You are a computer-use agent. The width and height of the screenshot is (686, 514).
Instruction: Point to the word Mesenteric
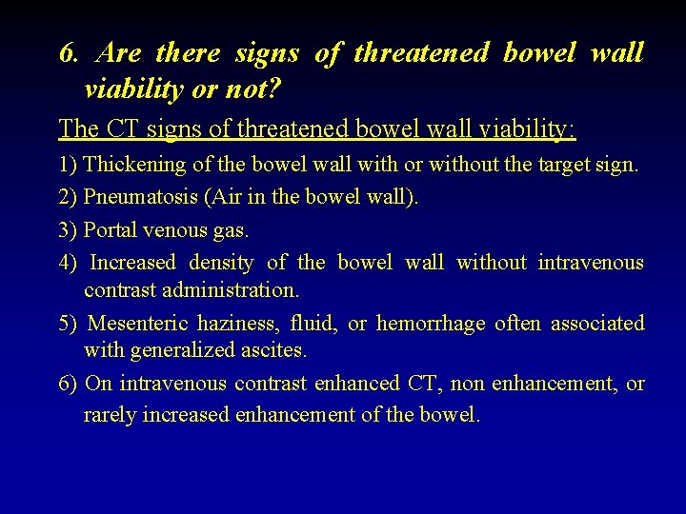(138, 324)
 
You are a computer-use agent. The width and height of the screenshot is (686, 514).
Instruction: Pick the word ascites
(276, 350)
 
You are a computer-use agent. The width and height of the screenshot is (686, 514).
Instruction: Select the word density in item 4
(221, 262)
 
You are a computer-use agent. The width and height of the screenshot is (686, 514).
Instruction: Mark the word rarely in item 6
(111, 415)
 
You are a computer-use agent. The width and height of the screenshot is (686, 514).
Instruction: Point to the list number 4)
(69, 262)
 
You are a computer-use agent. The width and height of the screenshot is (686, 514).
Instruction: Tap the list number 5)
(69, 324)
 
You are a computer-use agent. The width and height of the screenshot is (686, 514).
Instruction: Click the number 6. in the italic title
(68, 53)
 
